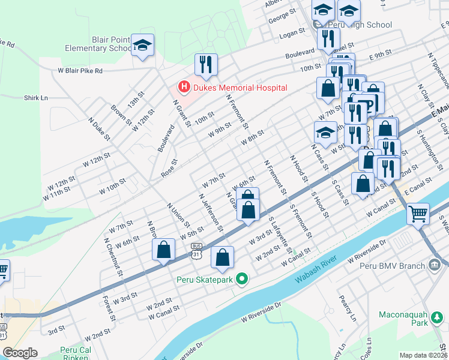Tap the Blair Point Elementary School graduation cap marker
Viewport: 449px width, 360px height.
[143, 46]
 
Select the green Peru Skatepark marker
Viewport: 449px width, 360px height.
[242, 278]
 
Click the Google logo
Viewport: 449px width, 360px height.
[20, 353]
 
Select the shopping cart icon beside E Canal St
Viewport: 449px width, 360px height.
[418, 213]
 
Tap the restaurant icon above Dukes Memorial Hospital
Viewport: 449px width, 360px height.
[206, 64]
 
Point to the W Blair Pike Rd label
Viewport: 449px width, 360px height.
[80, 70]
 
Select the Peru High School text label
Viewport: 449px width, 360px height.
[365, 25]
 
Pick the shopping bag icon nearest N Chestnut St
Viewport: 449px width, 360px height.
[163, 252]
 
